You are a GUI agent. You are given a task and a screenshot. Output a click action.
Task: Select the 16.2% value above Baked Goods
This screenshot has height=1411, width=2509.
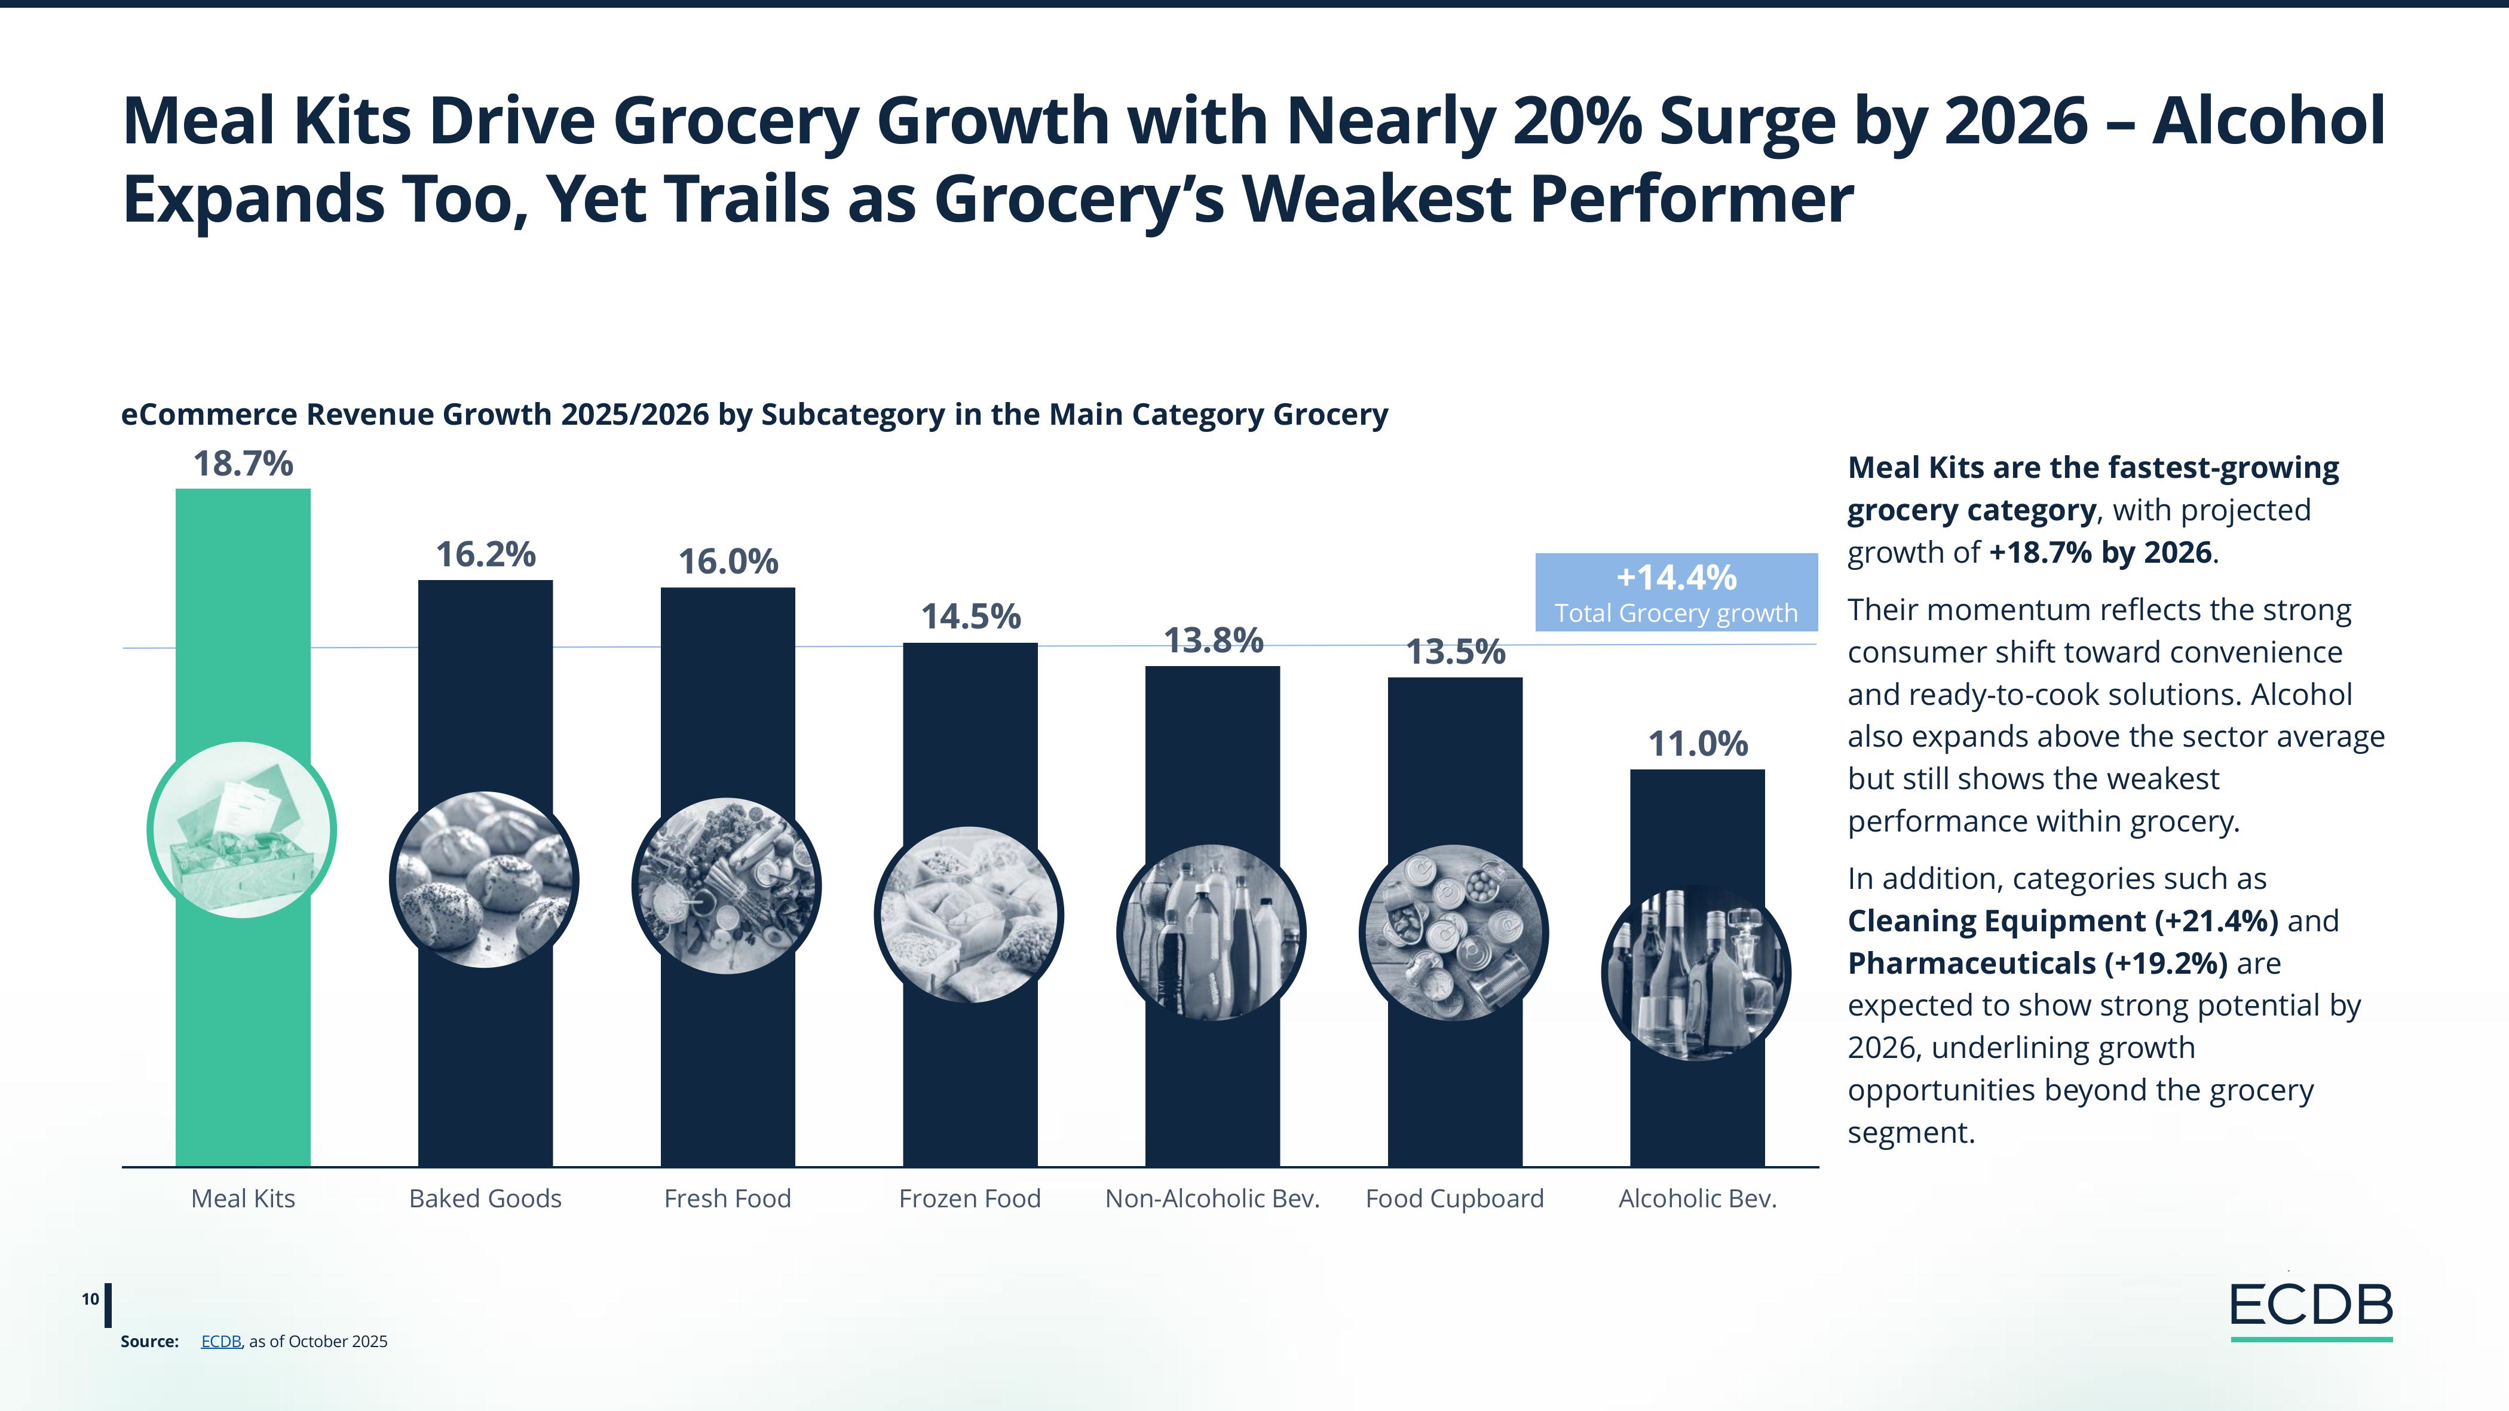point(485,555)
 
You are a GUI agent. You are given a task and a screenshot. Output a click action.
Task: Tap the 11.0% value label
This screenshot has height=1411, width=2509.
point(1698,744)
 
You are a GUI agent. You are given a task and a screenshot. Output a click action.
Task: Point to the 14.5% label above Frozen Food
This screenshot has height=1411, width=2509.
point(970,616)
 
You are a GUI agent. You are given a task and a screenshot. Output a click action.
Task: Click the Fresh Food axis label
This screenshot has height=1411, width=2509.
point(728,1199)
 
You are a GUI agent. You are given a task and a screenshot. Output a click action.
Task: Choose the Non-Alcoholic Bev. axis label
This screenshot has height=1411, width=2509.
point(1212,1199)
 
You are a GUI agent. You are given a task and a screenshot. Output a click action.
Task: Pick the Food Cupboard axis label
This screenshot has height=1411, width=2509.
point(1454,1199)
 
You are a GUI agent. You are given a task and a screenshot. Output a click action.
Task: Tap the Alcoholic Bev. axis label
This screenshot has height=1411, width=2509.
point(1698,1199)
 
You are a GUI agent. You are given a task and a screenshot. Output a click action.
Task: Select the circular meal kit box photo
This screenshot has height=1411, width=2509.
point(241,830)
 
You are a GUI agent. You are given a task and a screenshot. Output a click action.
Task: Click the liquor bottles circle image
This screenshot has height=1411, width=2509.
point(1696,972)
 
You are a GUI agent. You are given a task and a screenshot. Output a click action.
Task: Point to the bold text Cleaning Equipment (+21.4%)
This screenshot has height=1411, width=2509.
point(2063,921)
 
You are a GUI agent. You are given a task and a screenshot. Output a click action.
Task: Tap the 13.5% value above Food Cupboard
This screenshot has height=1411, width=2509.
point(1455,652)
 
